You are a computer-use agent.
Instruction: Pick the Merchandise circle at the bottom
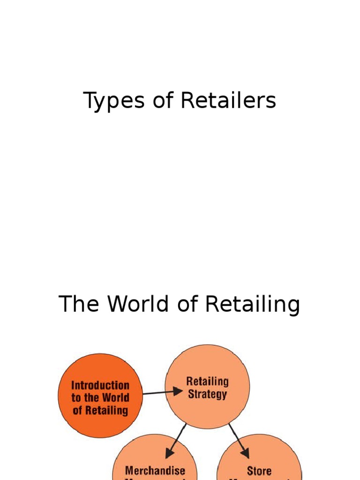point(155,462)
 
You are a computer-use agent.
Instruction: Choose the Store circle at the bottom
point(259,462)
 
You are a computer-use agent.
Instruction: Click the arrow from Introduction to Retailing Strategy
point(162,391)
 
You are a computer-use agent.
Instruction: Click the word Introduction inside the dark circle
point(100,385)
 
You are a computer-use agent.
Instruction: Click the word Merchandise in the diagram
point(155,470)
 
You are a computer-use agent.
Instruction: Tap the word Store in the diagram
point(259,470)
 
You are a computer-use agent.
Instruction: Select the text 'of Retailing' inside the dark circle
point(100,411)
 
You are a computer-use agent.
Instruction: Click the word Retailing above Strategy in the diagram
point(207,381)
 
